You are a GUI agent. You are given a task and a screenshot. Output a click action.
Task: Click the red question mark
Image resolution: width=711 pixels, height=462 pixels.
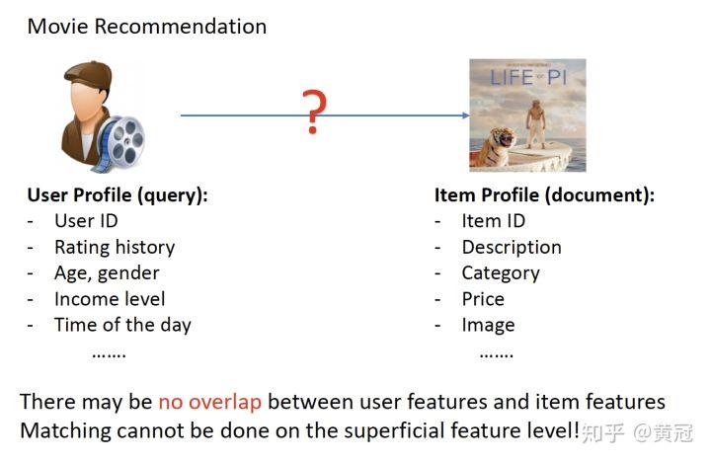pos(314,112)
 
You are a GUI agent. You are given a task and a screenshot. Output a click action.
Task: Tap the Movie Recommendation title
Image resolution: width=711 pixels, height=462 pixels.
pos(147,27)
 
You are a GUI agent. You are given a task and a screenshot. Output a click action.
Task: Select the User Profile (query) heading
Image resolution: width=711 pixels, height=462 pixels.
pos(118,195)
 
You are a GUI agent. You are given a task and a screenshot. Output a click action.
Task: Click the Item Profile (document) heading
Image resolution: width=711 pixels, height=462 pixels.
pos(544,195)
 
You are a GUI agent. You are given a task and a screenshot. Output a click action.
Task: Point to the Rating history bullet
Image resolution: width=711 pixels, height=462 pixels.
pos(115,248)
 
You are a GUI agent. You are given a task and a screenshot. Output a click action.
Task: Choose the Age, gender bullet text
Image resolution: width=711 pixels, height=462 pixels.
pos(107,273)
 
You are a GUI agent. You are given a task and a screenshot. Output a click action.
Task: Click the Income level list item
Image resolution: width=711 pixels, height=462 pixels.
pos(110,299)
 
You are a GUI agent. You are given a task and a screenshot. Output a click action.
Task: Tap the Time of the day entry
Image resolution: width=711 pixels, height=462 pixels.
pos(122,325)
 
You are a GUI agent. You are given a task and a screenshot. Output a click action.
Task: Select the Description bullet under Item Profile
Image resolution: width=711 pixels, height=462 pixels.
pos(512,248)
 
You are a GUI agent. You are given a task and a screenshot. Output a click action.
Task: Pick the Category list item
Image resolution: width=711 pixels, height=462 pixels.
pos(501,273)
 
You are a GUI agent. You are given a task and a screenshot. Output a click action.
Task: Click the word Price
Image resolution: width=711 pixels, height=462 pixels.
pos(483,299)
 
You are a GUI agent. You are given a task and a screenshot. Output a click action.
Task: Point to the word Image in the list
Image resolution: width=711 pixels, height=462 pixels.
pos(489,325)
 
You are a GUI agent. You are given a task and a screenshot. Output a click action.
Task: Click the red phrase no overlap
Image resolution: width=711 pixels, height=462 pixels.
pos(210,402)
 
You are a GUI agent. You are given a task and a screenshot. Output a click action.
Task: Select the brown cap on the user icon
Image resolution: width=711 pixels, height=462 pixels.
pos(89,76)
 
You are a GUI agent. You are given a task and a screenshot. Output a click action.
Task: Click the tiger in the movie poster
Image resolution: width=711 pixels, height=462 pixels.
pos(496,146)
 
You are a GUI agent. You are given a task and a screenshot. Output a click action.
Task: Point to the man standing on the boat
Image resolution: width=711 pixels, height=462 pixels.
pos(536,123)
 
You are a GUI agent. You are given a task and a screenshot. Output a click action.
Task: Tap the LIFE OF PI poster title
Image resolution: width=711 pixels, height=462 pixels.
pos(528,78)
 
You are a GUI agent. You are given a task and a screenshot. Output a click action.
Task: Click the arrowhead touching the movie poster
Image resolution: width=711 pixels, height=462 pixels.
pos(466,115)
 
